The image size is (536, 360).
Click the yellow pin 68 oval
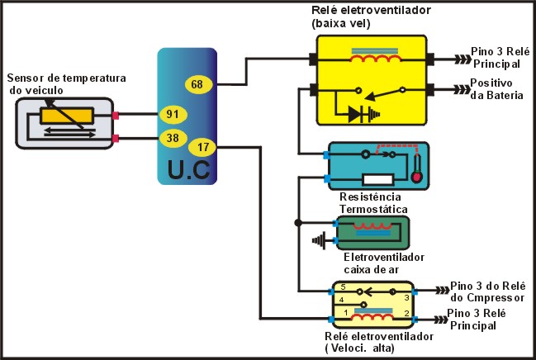[197, 83]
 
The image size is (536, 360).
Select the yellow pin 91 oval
[173, 113]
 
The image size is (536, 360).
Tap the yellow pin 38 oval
[173, 139]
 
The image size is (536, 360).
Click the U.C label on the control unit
[187, 169]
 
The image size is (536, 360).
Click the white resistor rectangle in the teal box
[376, 179]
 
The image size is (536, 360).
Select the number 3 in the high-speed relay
[406, 296]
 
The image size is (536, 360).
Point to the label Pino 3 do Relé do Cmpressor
[486, 290]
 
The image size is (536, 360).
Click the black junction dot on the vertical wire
[297, 222]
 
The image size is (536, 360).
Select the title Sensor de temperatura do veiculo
[66, 83]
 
